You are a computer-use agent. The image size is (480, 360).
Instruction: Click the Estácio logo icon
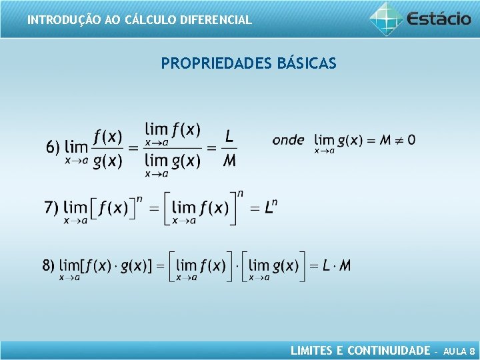(x=386, y=18)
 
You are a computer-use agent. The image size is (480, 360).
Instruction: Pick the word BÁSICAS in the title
(x=305, y=64)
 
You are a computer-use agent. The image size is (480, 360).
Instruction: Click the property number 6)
(x=53, y=147)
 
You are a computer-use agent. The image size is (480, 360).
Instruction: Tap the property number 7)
(x=51, y=207)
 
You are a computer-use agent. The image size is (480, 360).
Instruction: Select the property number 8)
(x=49, y=265)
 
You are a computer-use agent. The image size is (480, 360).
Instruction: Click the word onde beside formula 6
(x=288, y=140)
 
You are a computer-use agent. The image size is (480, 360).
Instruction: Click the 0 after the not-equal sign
(x=411, y=140)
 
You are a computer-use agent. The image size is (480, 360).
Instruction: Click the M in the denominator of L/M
(x=229, y=160)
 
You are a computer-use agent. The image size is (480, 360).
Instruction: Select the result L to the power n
(x=269, y=207)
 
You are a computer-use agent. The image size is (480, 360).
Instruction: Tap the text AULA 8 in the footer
(x=459, y=351)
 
